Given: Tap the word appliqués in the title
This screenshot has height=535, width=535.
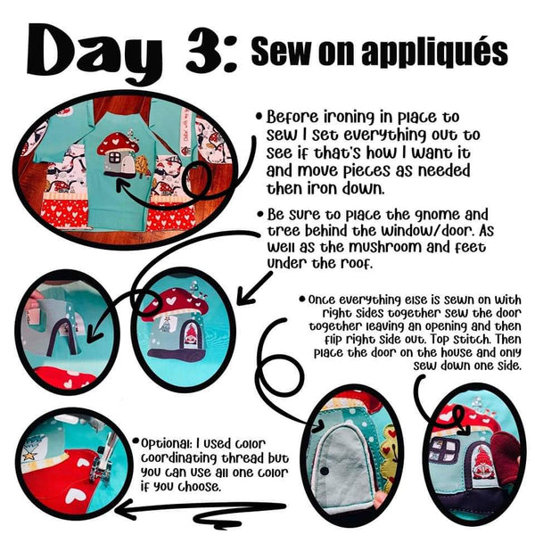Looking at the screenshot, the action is point(435,53).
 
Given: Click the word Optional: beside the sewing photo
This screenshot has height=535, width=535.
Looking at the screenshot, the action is point(164,444).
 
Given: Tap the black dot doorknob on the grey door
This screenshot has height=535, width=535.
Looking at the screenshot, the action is point(325,471).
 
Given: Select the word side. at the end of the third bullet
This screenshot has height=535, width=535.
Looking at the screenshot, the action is point(507,366).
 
